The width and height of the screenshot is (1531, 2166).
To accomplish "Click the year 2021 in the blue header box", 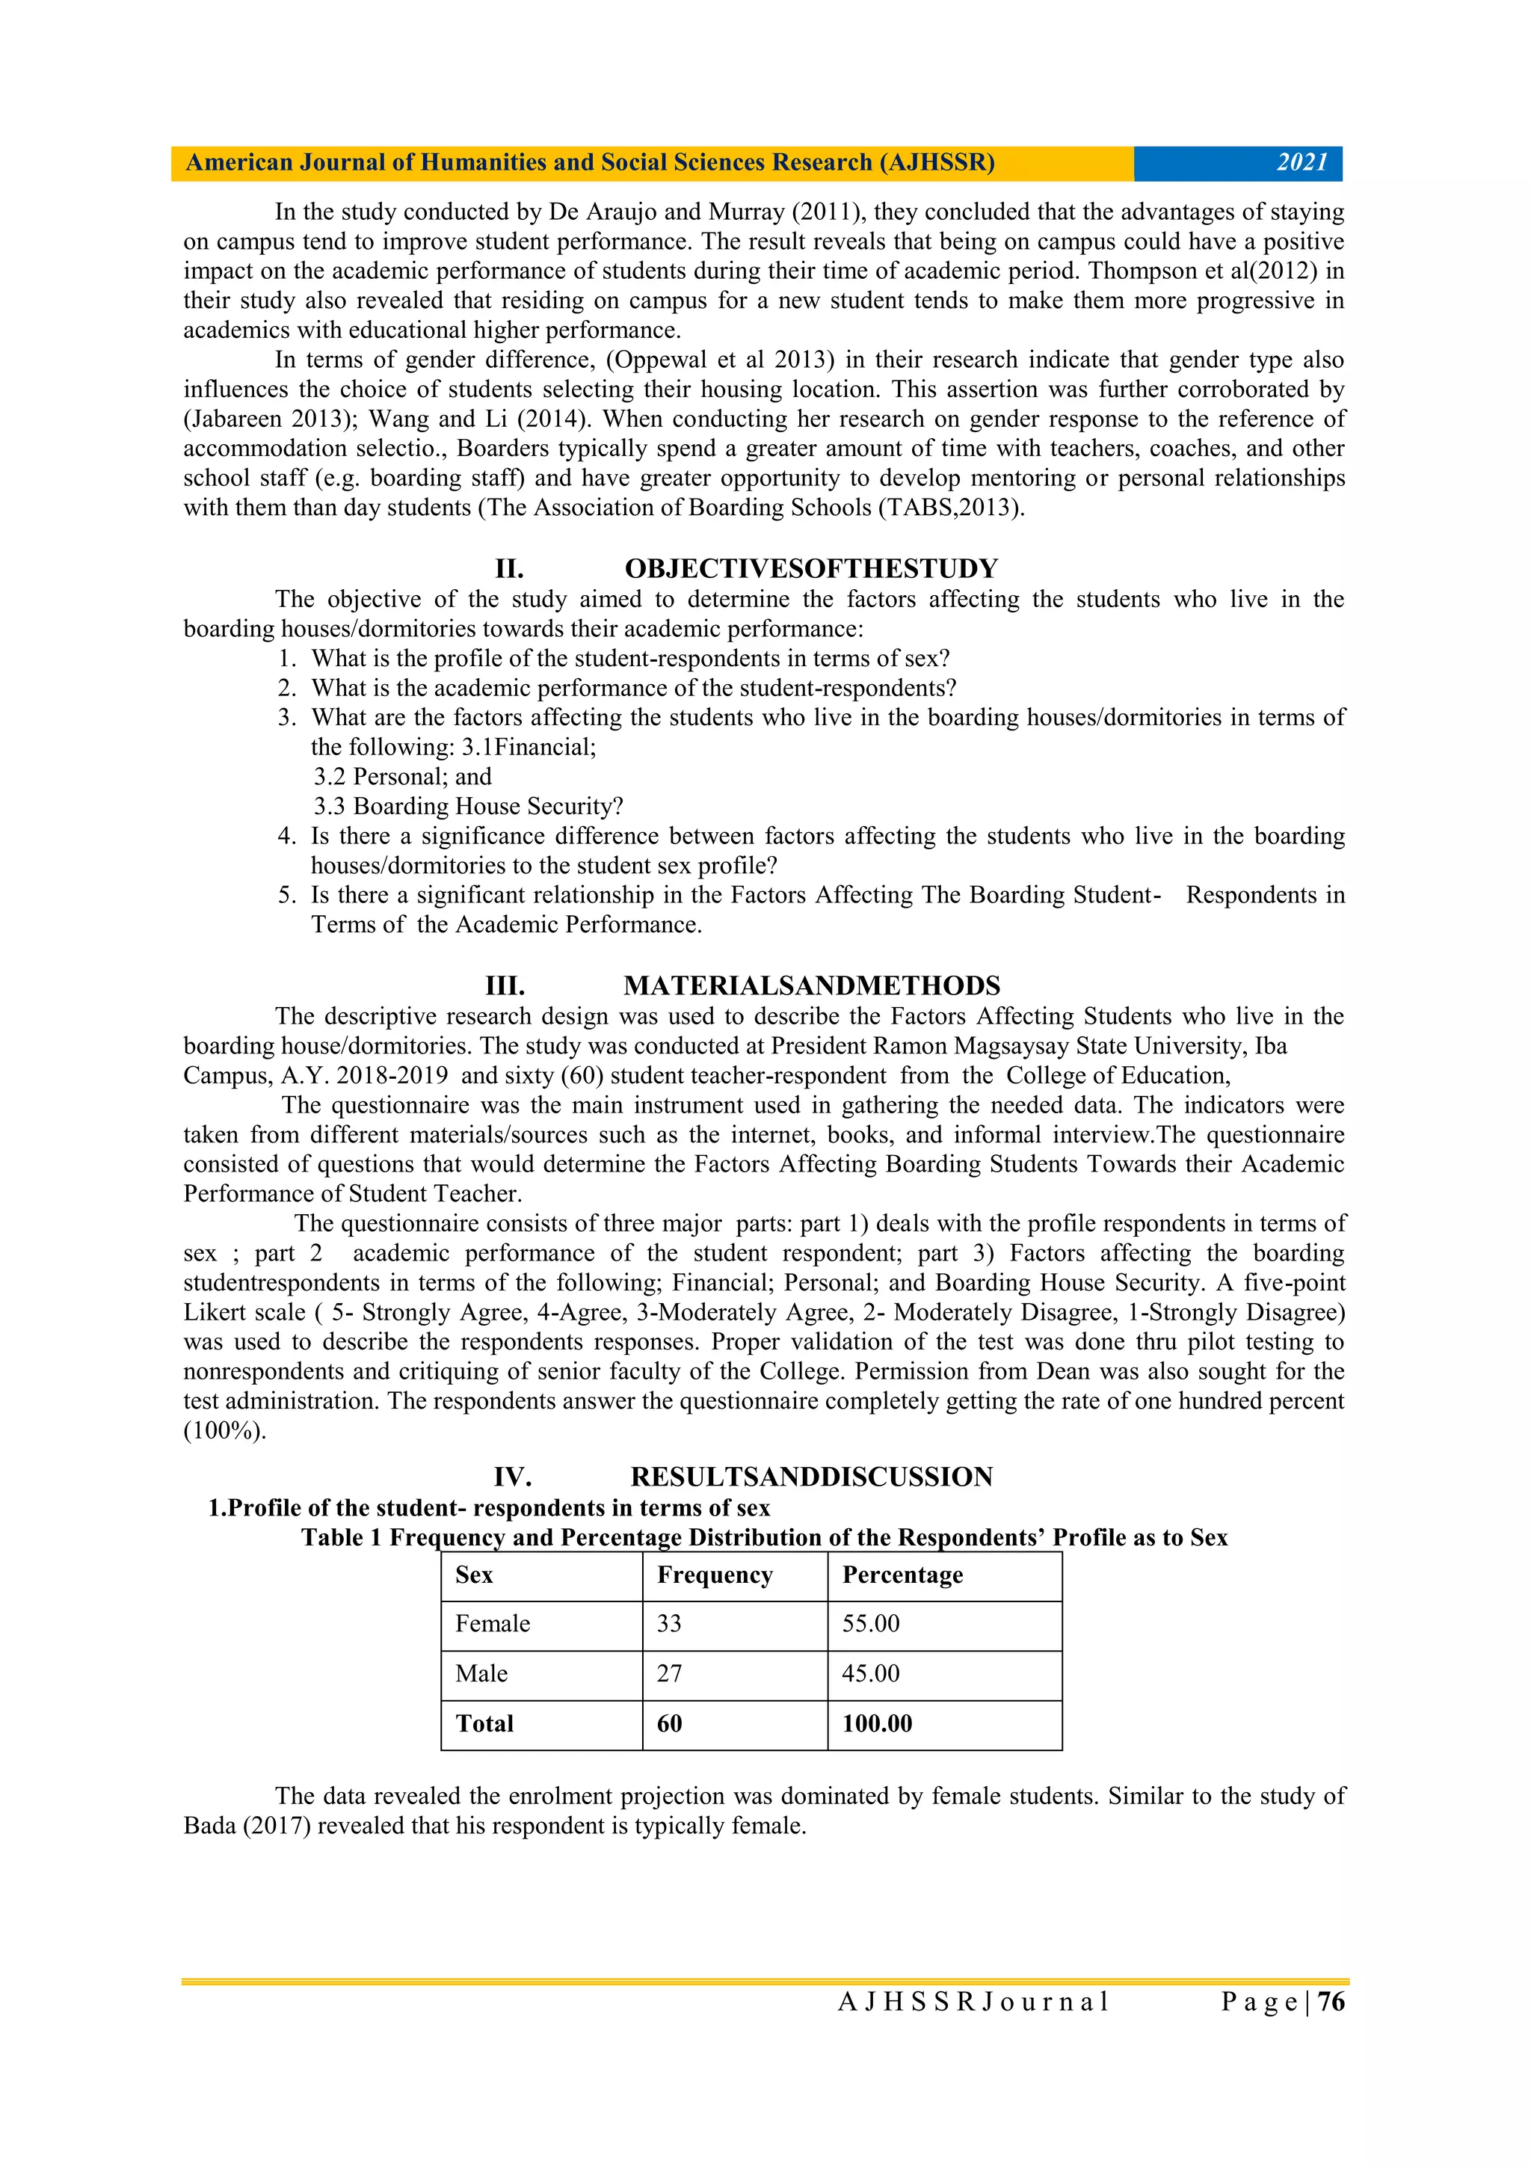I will tap(1301, 162).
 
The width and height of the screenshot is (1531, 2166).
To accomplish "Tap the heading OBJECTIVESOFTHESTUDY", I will tap(810, 569).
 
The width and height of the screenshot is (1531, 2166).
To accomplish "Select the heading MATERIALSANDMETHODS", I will tap(811, 986).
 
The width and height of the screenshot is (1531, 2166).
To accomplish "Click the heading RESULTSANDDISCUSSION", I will tap(811, 1477).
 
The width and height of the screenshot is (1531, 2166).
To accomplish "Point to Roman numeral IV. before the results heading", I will tap(512, 1477).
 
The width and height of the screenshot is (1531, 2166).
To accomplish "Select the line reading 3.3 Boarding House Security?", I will tap(469, 807).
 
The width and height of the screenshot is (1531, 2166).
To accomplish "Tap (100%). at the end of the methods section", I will tap(224, 1431).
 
